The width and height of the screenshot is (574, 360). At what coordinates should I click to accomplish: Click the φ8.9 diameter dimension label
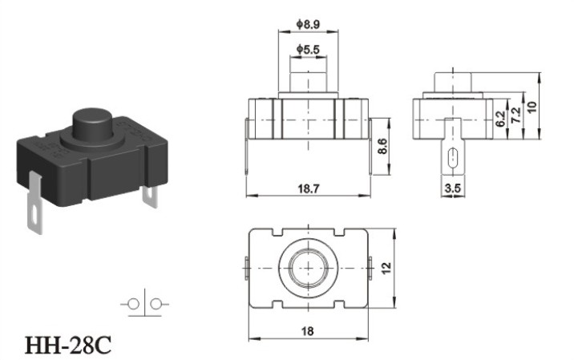tap(308, 25)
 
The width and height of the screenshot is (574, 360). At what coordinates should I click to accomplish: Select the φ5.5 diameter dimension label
tap(308, 50)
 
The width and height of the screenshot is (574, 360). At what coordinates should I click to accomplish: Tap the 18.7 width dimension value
tap(308, 188)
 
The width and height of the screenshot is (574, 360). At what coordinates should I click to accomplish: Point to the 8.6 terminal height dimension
tap(382, 146)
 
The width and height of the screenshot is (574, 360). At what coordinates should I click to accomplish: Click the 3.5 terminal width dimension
tap(452, 188)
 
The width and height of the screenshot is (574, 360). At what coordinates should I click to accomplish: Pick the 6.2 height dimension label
tap(500, 118)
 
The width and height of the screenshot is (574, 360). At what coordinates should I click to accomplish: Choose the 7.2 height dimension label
tap(515, 115)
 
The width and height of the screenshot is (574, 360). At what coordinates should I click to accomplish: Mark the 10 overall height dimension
tap(532, 107)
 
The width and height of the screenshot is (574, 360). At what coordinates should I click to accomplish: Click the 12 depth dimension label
tap(386, 268)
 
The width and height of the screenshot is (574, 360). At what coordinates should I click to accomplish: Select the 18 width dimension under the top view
tap(308, 331)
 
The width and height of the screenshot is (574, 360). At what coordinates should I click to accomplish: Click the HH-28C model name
tap(67, 345)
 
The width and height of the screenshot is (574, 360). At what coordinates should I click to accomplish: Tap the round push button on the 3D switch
tap(94, 123)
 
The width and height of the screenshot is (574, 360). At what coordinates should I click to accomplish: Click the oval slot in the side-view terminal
tap(453, 157)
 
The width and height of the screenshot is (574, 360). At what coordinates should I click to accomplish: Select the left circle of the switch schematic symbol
tap(133, 304)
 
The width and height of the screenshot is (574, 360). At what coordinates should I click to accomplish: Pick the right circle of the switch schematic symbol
tap(156, 304)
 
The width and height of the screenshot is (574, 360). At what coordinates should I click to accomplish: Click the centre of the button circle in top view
tap(308, 268)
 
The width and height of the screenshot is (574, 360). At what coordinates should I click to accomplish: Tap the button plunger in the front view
tap(308, 82)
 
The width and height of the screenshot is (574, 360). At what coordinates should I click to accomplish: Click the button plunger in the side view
tap(453, 82)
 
